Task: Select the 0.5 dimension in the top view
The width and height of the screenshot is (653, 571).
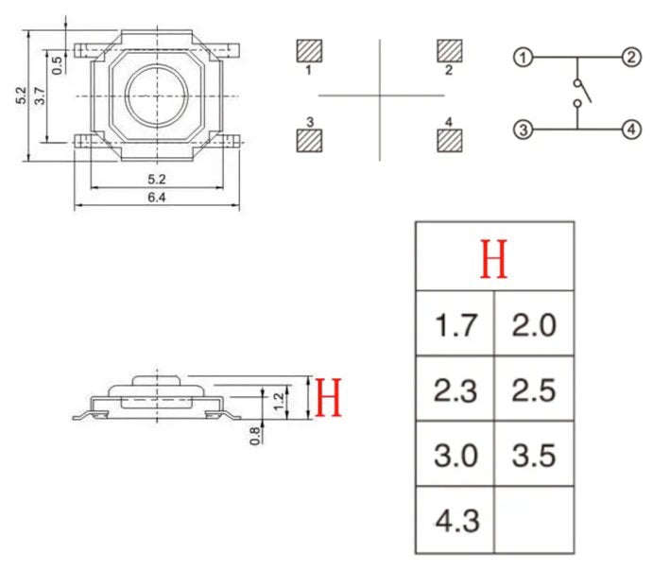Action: click(x=58, y=64)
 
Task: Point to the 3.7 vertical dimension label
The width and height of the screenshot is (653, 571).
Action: click(x=40, y=95)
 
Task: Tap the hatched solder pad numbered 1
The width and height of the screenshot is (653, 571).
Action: click(x=309, y=50)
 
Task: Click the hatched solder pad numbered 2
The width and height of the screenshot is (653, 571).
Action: click(x=449, y=50)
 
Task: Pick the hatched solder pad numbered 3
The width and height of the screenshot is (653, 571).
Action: click(x=309, y=140)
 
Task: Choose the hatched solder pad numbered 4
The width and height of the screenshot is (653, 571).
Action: click(x=449, y=140)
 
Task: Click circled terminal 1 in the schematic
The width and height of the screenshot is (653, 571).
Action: click(x=522, y=59)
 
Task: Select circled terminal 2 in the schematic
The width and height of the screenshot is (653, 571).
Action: click(x=630, y=59)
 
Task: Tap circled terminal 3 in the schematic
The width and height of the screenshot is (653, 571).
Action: click(x=522, y=129)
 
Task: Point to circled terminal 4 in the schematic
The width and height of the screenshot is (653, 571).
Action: click(x=630, y=129)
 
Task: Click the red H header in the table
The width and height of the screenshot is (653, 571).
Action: click(x=493, y=259)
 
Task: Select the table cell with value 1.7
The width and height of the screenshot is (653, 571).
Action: click(x=455, y=326)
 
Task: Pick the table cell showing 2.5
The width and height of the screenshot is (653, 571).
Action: click(x=534, y=390)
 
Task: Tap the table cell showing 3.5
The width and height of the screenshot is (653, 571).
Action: click(x=534, y=456)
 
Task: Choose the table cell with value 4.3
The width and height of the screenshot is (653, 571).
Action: click(x=455, y=520)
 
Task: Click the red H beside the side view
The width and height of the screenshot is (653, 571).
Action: click(x=328, y=399)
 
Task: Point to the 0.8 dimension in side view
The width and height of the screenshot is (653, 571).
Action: click(x=254, y=434)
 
